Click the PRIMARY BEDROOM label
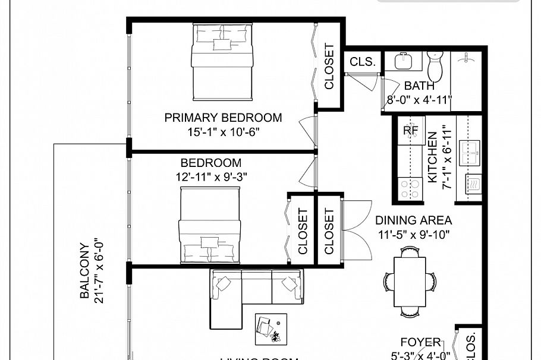(223, 118)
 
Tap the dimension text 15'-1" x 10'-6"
(223, 132)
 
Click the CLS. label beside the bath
(362, 61)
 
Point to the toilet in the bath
(436, 67)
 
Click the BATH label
(419, 86)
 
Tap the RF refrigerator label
(411, 130)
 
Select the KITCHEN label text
(432, 157)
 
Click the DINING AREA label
(414, 220)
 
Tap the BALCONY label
(85, 270)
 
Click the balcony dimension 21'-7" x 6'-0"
(99, 270)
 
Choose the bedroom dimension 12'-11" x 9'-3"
(211, 176)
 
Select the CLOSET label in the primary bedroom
(329, 67)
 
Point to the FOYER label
(420, 343)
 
